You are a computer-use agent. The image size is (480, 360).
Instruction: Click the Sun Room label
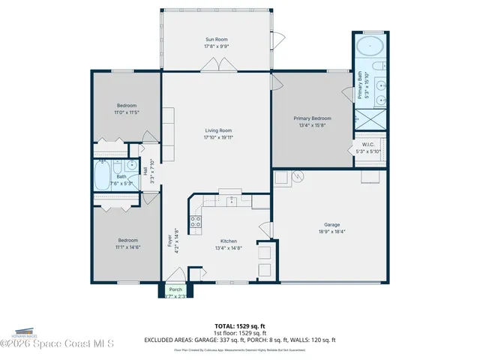(216, 39)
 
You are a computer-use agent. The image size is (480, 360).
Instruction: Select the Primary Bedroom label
(312, 118)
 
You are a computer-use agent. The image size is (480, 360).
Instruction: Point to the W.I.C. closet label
(368, 145)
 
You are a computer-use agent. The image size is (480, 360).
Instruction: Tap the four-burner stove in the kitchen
(195, 221)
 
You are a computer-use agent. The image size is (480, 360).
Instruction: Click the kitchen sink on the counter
(232, 201)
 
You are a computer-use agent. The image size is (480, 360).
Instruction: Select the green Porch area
(175, 292)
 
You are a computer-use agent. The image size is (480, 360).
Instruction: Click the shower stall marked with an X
(369, 118)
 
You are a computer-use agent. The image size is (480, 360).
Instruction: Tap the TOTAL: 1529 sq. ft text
(240, 325)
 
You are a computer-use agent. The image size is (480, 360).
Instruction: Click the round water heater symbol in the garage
(298, 177)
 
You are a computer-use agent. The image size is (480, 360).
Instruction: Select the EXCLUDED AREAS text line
(240, 340)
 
